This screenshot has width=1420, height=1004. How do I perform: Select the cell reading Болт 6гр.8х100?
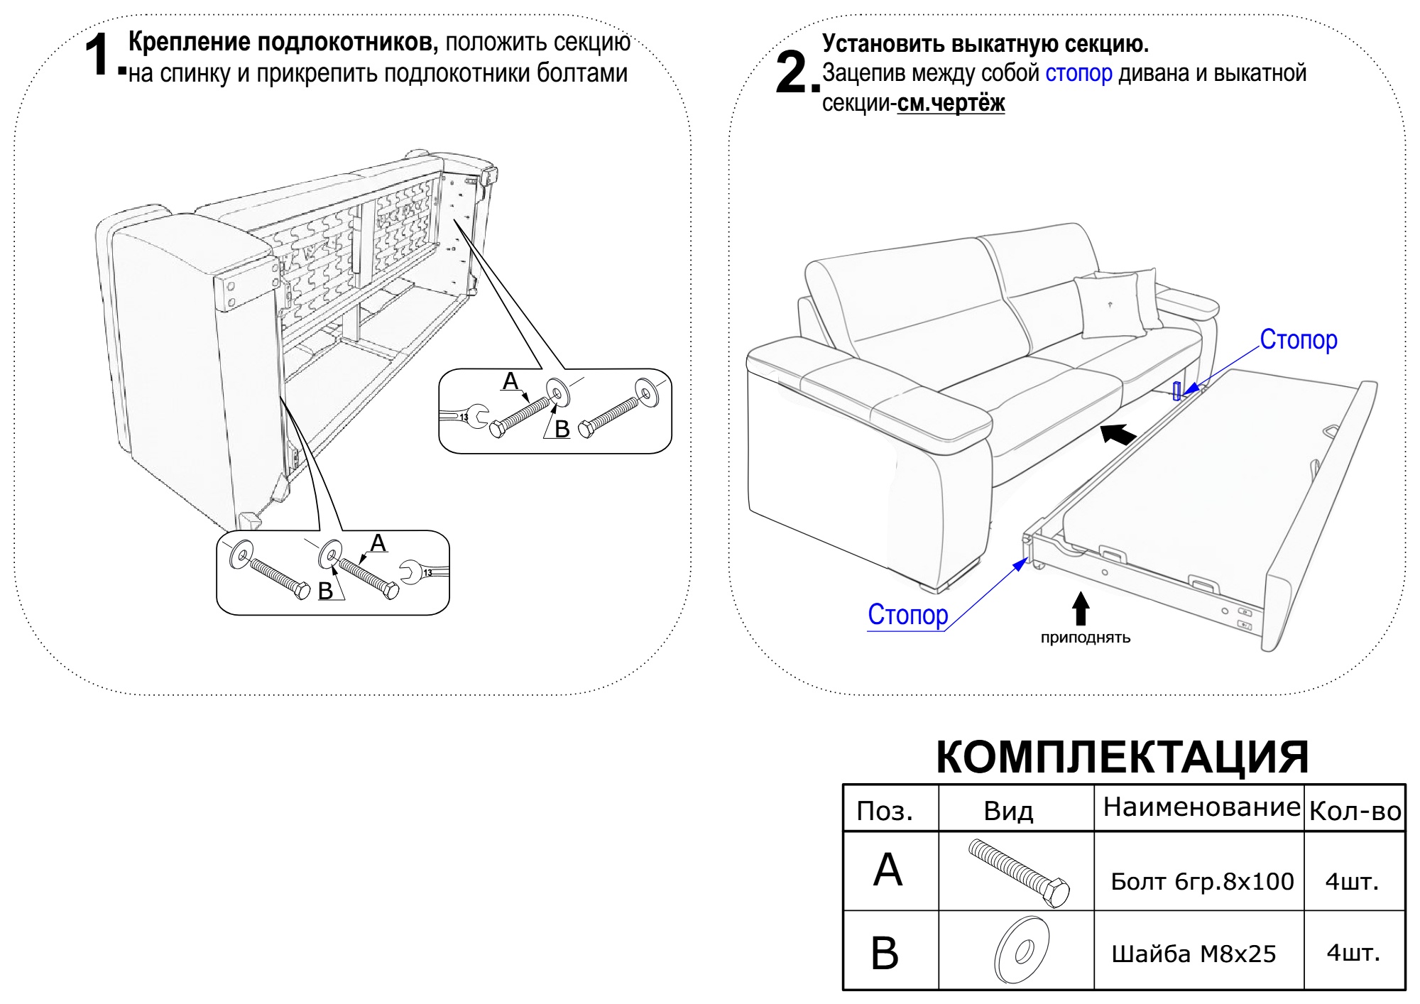(1202, 881)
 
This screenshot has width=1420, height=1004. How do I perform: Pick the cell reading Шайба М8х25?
(1194, 954)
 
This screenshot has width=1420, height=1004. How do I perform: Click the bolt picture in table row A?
(1019, 873)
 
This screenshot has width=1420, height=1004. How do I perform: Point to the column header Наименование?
(1201, 807)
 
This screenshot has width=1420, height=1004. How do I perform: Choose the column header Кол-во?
(1355, 811)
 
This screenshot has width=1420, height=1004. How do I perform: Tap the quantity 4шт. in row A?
(1352, 881)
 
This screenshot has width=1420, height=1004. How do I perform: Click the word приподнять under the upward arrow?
(1085, 638)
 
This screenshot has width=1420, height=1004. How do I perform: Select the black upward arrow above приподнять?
(1080, 609)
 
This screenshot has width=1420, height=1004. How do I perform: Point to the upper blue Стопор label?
(1298, 340)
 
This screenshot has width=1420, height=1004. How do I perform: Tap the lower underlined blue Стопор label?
(907, 614)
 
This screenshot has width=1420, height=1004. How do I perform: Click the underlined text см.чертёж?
(951, 104)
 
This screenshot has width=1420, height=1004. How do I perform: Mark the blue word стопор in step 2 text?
(1078, 73)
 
